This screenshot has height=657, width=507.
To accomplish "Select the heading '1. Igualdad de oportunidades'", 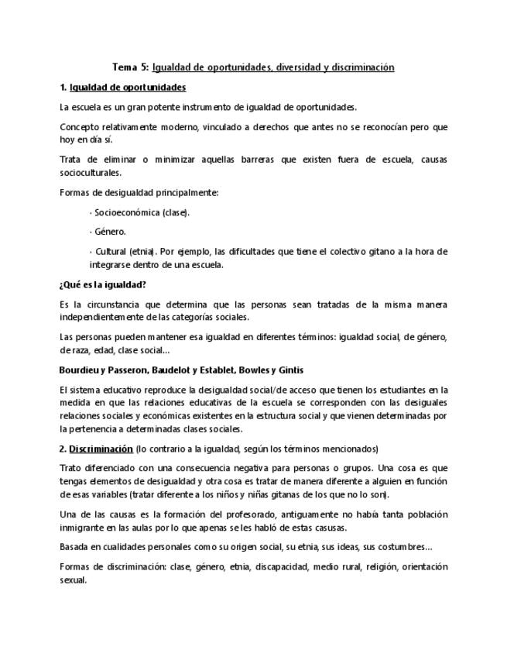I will coord(122,87).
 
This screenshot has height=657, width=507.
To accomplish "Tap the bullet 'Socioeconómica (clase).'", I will coord(140,212).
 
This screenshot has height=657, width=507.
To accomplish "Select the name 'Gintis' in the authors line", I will coord(287,370).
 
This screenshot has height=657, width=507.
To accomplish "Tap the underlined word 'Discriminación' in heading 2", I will coord(101,449).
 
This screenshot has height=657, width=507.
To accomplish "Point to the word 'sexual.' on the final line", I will coord(73,580).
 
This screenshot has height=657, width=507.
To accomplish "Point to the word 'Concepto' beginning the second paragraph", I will coord(79,126).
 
